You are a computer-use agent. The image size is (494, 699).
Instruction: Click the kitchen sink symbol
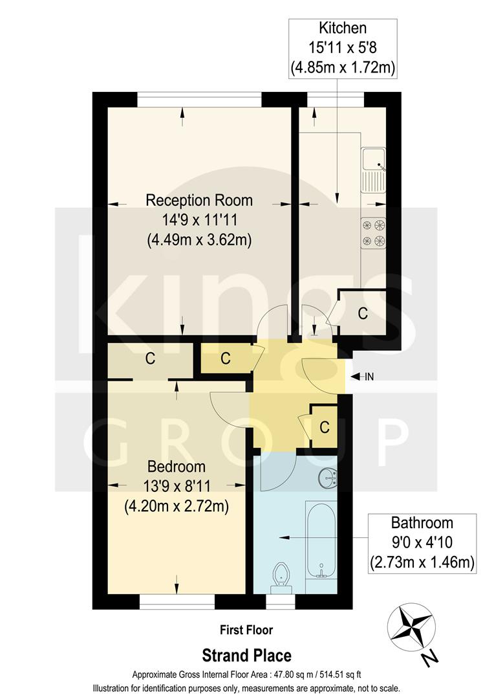click(x=374, y=170)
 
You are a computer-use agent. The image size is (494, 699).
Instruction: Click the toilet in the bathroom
click(x=281, y=575)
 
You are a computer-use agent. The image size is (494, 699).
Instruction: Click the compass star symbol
click(x=411, y=627)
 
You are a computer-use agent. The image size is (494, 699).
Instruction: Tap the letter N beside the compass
click(x=428, y=660)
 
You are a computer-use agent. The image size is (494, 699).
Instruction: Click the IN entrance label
click(x=369, y=377)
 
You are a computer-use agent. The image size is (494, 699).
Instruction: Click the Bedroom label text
click(x=177, y=466)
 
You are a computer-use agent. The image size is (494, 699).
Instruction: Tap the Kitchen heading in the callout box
click(x=343, y=28)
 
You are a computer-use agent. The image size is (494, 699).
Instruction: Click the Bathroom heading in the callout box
click(x=422, y=523)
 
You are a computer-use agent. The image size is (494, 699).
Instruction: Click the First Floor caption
click(x=246, y=630)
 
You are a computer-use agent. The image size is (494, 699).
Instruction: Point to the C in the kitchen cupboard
click(x=363, y=314)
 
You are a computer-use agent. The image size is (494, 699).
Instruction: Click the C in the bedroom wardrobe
click(x=150, y=360)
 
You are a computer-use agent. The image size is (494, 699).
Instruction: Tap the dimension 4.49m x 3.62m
click(x=199, y=239)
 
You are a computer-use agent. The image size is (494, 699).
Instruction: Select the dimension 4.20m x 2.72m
click(x=177, y=506)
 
